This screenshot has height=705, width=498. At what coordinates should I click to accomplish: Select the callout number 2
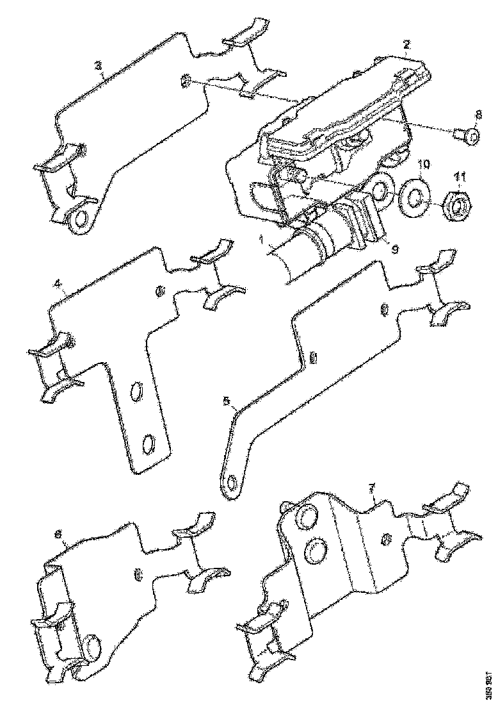coord(406,45)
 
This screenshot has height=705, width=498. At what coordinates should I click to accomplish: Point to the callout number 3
coord(98,67)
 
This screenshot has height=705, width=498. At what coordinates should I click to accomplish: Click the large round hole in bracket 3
coord(81,219)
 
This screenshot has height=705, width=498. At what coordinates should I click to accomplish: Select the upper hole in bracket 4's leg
coord(136,391)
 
